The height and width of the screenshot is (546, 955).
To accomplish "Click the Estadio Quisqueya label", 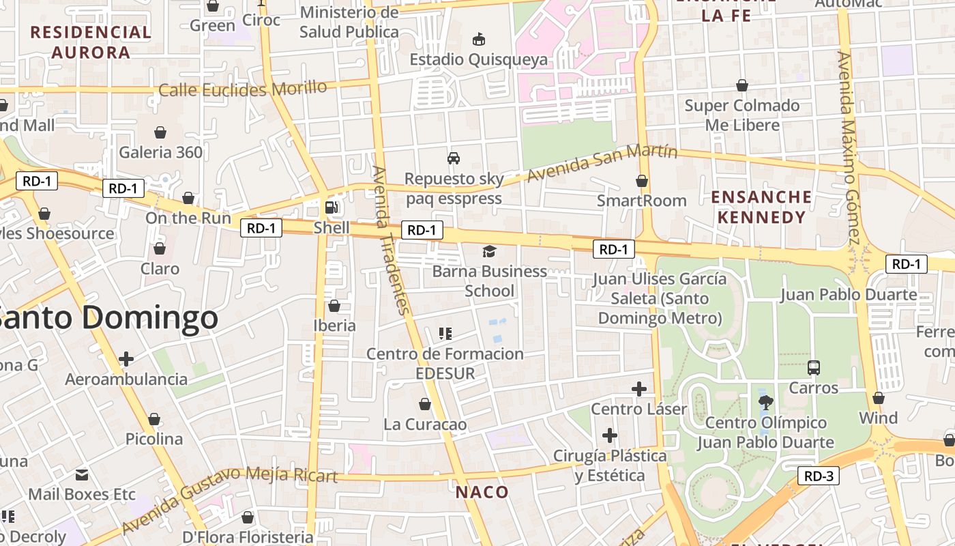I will [478, 59].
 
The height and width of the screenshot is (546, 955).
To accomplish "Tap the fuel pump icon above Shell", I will [332, 207].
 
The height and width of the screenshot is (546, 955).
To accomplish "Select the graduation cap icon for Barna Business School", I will [489, 252].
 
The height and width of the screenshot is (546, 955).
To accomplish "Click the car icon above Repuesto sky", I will [454, 158].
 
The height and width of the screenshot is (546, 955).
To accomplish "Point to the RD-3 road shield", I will [818, 476].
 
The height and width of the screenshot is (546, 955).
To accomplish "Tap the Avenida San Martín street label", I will [602, 164].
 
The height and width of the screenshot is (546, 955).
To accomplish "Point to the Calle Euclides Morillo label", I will [243, 89].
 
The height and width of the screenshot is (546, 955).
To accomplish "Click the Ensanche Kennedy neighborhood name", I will [761, 207].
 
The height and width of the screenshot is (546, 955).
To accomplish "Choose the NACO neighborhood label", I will [482, 492].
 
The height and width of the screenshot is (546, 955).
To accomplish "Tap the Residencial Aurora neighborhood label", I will [91, 42].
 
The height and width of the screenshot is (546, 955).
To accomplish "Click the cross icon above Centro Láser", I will [638, 389].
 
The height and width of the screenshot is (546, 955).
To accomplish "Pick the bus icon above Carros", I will [813, 368].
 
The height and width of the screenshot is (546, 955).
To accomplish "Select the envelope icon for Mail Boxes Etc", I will [82, 474].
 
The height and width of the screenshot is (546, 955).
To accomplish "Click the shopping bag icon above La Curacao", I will [425, 404].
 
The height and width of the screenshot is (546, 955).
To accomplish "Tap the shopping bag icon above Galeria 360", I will [160, 132].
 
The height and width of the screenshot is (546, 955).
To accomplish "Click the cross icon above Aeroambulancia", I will [126, 359].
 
